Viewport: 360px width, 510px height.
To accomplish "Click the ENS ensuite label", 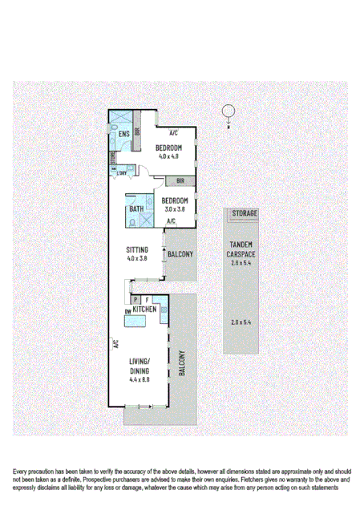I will (x=124, y=134).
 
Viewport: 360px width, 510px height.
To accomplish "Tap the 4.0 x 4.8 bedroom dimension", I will (x=168, y=156).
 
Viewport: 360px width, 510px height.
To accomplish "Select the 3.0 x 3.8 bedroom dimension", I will (x=174, y=209).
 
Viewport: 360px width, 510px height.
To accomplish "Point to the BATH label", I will (x=137, y=210).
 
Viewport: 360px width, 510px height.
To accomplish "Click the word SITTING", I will (x=137, y=249).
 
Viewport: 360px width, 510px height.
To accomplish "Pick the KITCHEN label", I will (x=144, y=309).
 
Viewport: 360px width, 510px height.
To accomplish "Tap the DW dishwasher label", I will (x=127, y=311).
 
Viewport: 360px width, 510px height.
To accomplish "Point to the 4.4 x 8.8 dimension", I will (x=140, y=379).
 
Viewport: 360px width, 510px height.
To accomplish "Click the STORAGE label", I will (x=245, y=214).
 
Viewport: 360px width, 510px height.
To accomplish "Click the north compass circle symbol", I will (x=228, y=111).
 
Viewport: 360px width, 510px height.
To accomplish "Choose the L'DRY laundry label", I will (x=122, y=174).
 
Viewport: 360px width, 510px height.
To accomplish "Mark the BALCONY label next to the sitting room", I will (x=180, y=255).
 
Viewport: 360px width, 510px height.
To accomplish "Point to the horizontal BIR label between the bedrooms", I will (x=180, y=180).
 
